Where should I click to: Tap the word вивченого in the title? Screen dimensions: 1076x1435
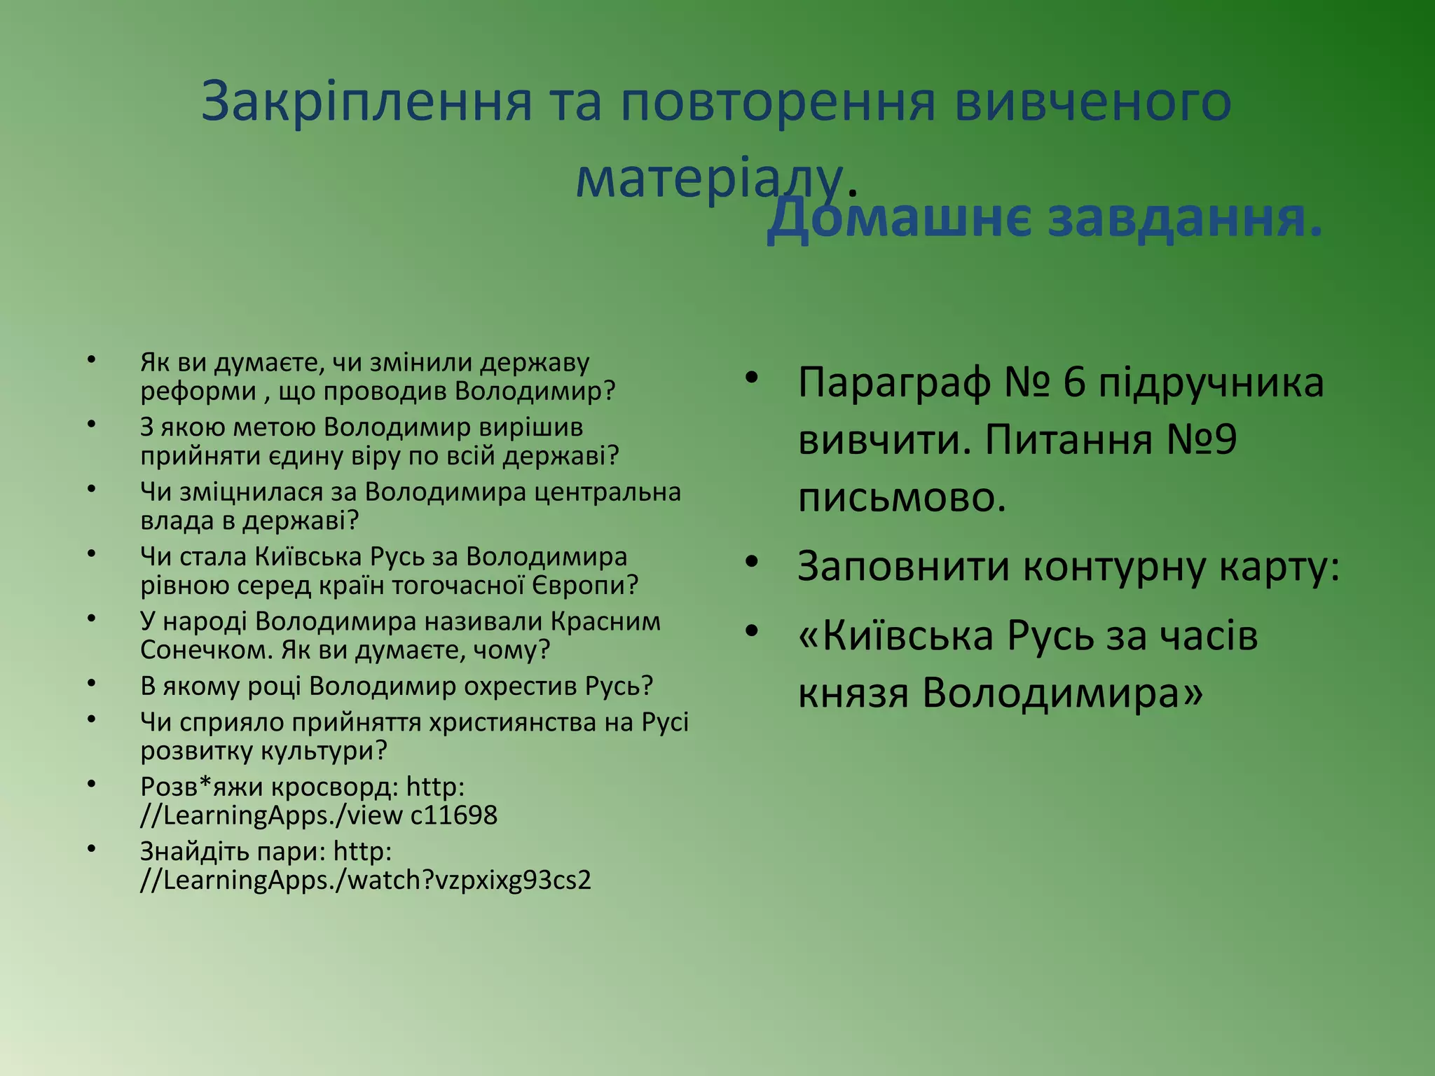pos(1092,102)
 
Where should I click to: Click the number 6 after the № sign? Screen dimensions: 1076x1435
pos(1074,382)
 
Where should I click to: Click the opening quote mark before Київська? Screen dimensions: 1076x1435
pos(809,636)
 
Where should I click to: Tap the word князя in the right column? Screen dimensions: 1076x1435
pos(853,694)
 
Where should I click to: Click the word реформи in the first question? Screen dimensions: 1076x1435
pos(198,391)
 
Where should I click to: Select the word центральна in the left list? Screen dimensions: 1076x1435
pos(607,492)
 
